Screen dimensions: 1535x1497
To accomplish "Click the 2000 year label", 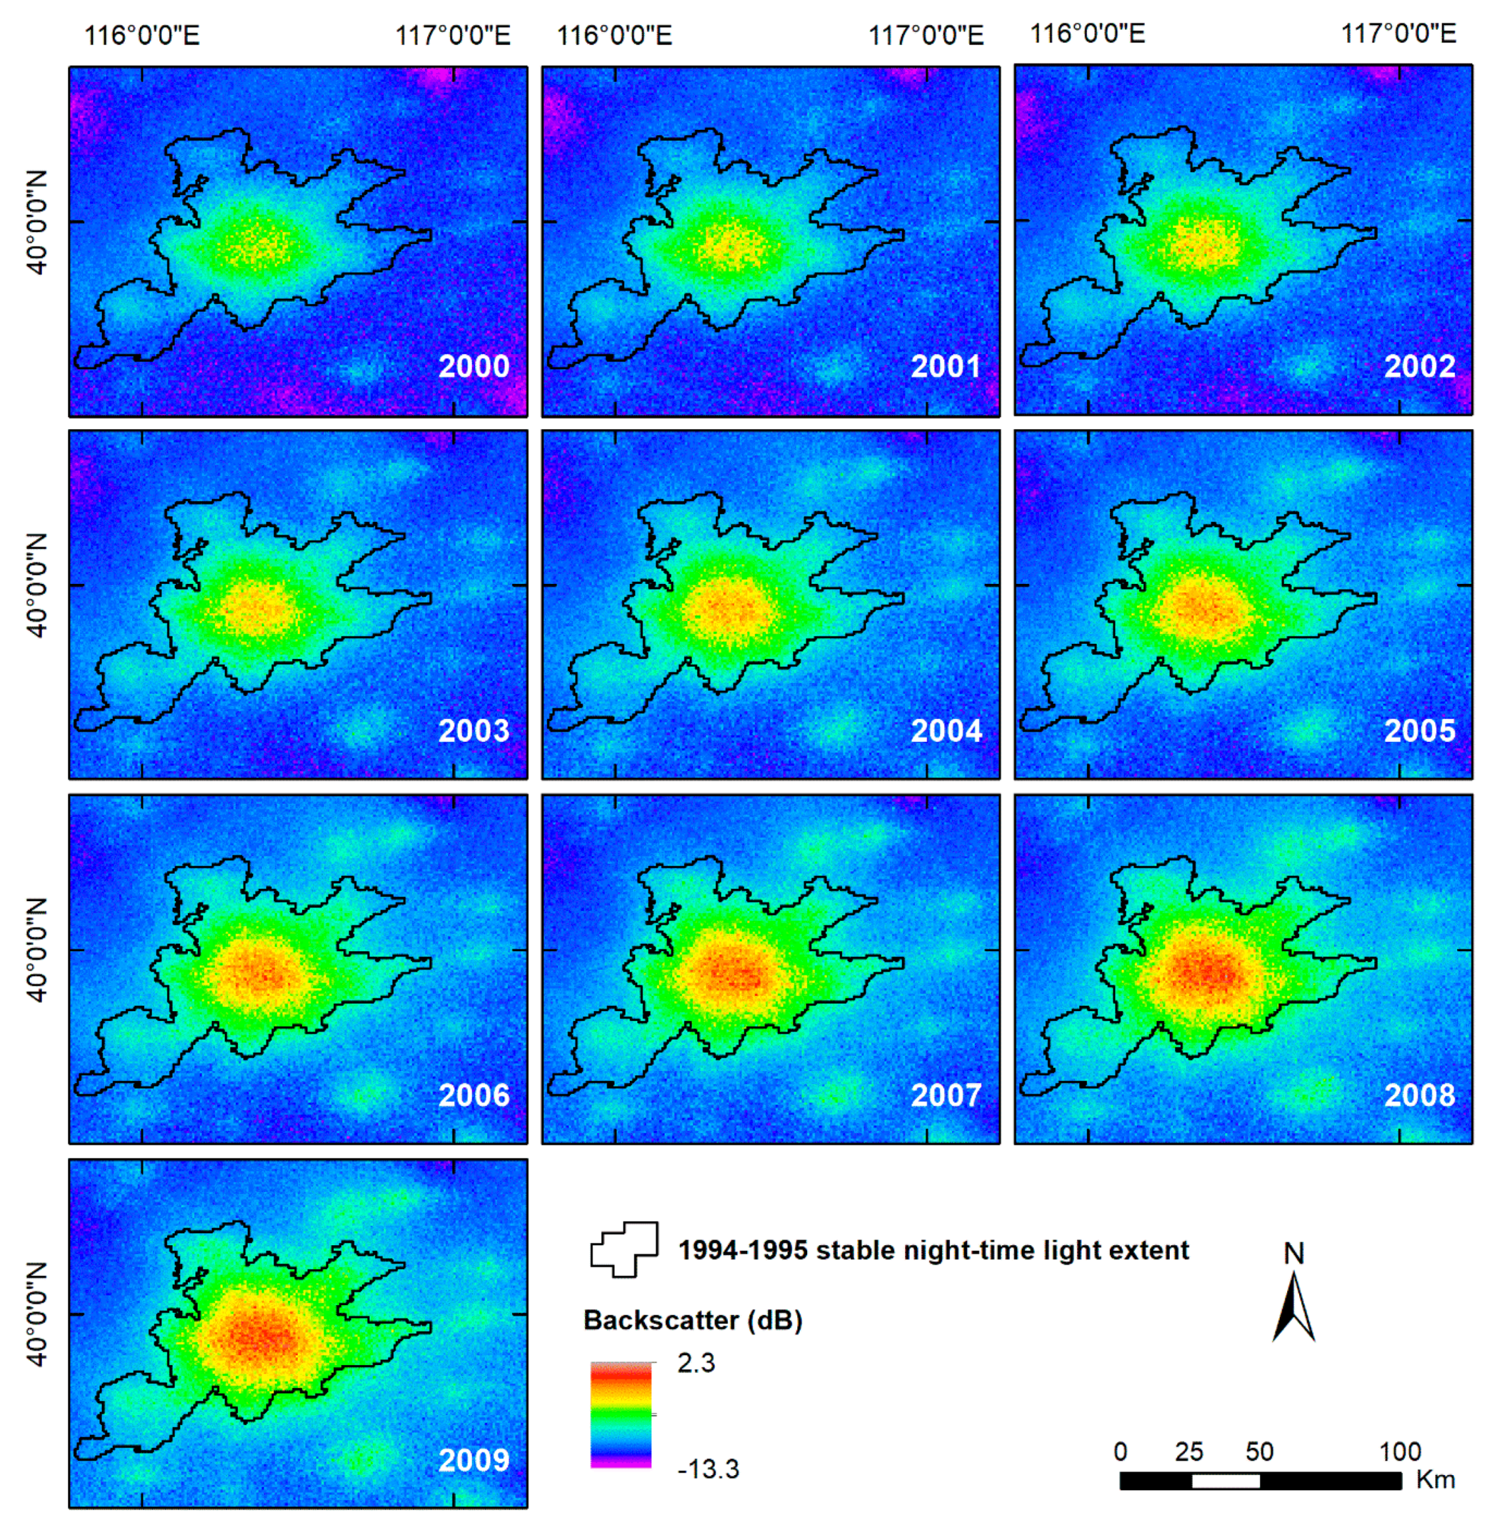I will click(x=473, y=367).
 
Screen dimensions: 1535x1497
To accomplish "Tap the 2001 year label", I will click(x=946, y=367).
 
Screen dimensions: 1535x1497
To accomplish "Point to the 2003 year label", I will click(x=473, y=731).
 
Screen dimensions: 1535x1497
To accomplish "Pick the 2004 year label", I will click(x=946, y=731).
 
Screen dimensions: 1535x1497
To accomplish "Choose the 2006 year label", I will click(x=473, y=1095).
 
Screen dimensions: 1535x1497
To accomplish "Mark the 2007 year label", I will click(x=946, y=1095).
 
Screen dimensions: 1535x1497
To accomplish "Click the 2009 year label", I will click(x=473, y=1459).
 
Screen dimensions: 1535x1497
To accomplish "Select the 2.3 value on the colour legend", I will click(x=696, y=1363).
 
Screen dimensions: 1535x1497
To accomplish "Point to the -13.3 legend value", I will click(x=708, y=1469).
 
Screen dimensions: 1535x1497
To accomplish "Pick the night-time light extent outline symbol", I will click(x=624, y=1250).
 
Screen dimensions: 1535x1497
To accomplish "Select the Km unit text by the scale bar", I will click(x=1435, y=1480).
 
